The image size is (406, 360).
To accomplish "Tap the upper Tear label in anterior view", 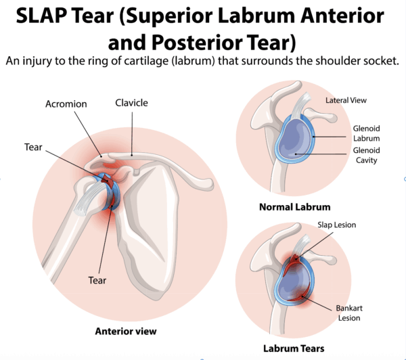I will click(34, 147).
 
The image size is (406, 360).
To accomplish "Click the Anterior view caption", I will click(127, 331).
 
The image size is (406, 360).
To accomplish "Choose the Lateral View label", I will click(346, 100).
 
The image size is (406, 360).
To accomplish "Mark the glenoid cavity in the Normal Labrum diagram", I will click(295, 145).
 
